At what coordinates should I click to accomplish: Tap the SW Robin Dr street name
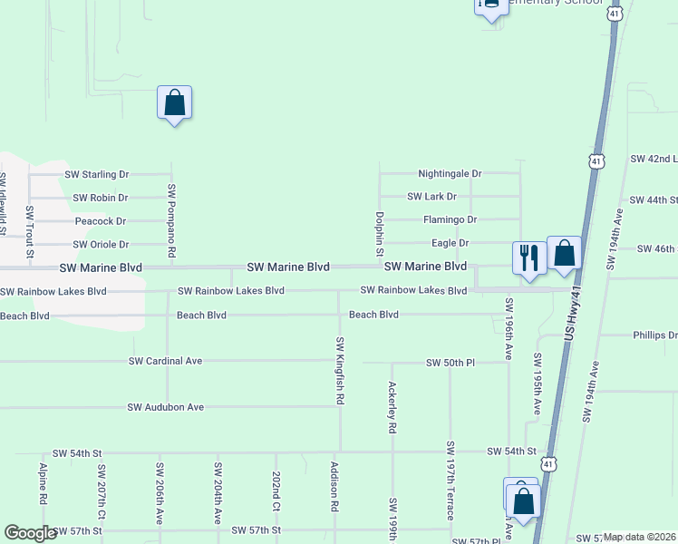coord(101,198)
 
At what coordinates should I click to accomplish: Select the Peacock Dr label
coord(100,221)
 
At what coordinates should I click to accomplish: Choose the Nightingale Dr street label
coord(450,173)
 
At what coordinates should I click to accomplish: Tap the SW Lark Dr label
coord(431,197)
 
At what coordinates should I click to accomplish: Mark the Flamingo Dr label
coord(450,220)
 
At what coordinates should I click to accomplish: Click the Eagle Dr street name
coord(450,243)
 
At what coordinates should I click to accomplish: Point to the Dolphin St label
coord(381,234)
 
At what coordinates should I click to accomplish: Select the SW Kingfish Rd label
coord(340,370)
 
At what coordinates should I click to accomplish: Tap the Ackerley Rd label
coord(392,405)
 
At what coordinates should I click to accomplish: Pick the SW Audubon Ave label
coord(165,408)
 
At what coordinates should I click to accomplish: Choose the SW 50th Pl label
coord(450,363)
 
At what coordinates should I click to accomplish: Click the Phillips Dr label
coord(654,335)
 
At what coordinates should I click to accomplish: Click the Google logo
coord(31,533)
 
